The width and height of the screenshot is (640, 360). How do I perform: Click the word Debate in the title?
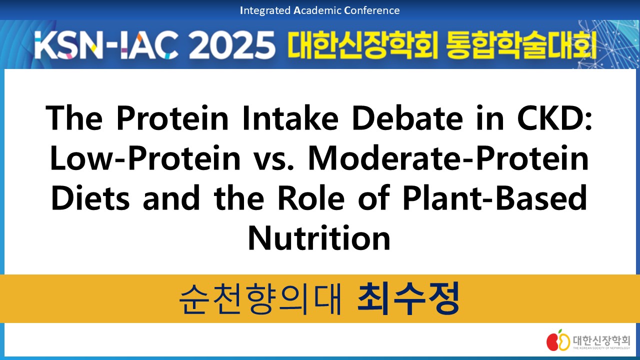(x=407, y=118)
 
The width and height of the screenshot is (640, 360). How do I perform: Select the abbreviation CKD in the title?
(x=554, y=118)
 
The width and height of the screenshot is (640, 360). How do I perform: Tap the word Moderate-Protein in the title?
(x=448, y=158)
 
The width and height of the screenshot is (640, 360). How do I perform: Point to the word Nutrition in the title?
(x=319, y=237)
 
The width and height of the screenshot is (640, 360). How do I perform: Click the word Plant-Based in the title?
(x=495, y=197)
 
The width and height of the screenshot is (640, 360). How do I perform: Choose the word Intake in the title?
(x=290, y=118)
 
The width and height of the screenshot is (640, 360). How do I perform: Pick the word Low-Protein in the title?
(x=145, y=158)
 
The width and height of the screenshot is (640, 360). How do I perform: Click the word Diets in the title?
(x=90, y=197)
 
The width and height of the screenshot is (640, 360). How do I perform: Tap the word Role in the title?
(x=311, y=197)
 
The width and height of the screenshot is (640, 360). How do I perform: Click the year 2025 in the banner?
(x=231, y=45)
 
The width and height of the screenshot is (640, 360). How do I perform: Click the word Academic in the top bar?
(x=317, y=10)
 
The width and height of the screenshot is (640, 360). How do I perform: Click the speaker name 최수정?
(x=408, y=298)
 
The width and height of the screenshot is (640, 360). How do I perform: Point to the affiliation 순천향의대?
(x=260, y=298)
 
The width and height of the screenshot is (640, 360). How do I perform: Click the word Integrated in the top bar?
(x=265, y=11)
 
